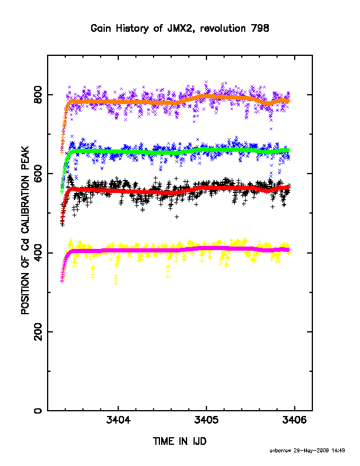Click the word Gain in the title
(101, 28)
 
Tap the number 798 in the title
(260, 28)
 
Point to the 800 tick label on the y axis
(38, 95)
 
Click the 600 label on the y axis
(38, 174)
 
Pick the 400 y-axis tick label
(38, 252)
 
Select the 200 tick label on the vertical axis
(38, 332)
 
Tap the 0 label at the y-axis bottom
(38, 411)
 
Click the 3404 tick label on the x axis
(118, 421)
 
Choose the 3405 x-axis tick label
(206, 421)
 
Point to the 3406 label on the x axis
(294, 421)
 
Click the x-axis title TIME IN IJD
(179, 441)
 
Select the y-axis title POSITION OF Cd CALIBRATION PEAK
(25, 230)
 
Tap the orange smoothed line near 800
(178, 101)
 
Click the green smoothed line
(178, 152)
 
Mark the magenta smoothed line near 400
(178, 250)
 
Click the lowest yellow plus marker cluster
(116, 280)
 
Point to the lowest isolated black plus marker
(176, 217)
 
